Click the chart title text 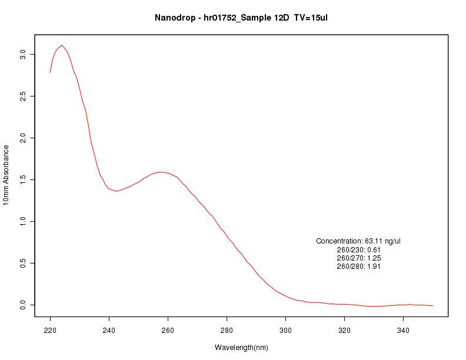point(241,18)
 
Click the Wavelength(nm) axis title point(241,348)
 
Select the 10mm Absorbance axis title point(6,175)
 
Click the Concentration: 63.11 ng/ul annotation point(358,241)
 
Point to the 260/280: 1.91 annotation point(358,266)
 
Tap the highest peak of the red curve point(62,45)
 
